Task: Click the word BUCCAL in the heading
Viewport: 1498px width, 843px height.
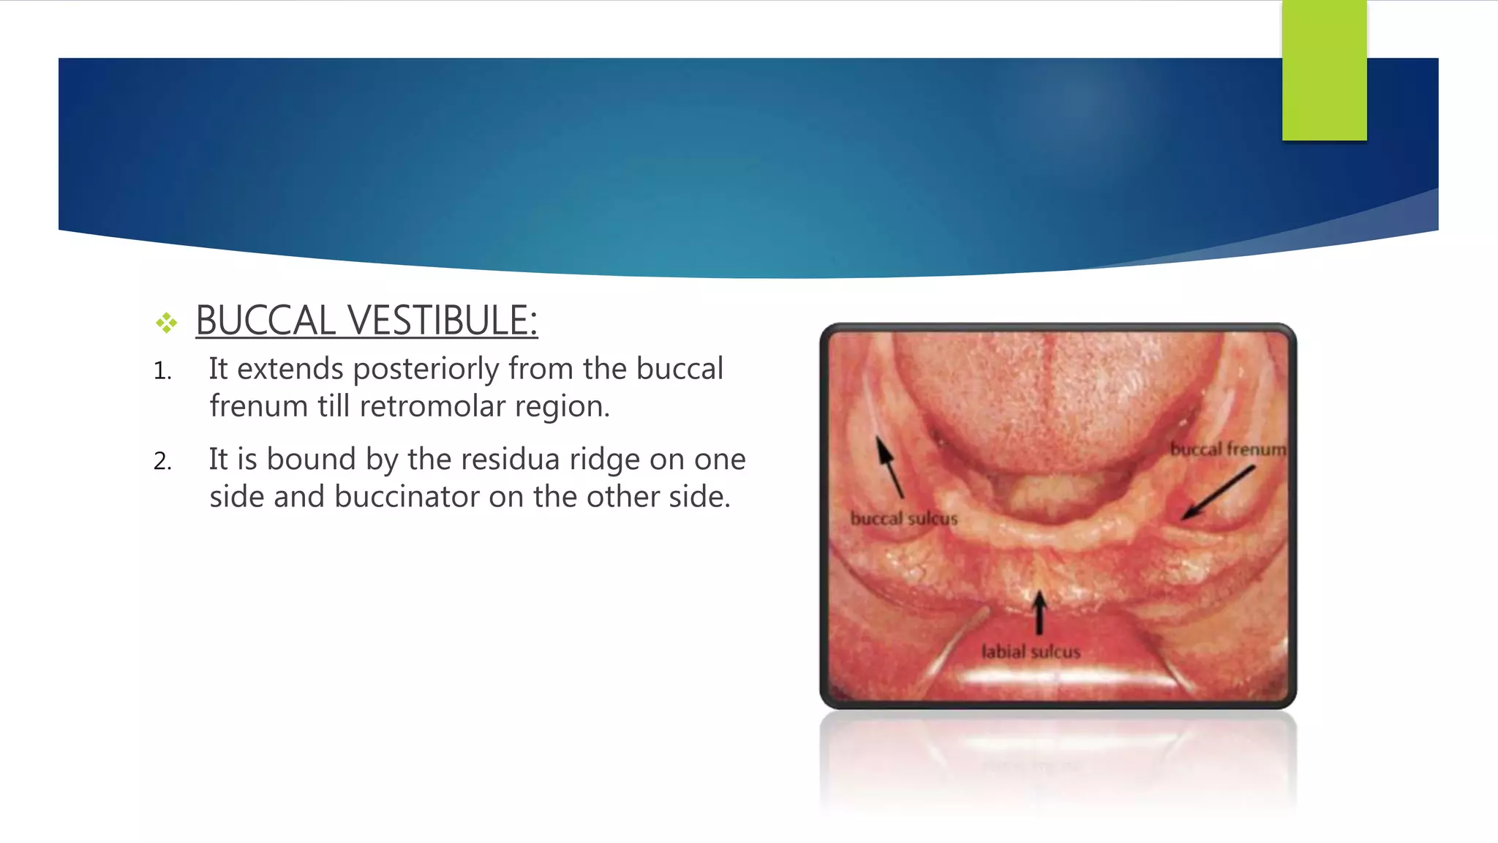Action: pyautogui.click(x=266, y=321)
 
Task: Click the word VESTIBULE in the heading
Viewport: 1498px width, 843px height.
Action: pyautogui.click(x=442, y=321)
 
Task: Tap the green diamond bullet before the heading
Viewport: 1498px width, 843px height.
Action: pyautogui.click(x=166, y=323)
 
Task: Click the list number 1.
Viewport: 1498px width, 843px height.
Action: pyautogui.click(x=162, y=372)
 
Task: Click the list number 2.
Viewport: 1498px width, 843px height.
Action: pyautogui.click(x=162, y=462)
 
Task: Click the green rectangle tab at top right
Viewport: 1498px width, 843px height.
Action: pyautogui.click(x=1324, y=70)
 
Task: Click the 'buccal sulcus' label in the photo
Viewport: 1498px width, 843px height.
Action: pyautogui.click(x=903, y=518)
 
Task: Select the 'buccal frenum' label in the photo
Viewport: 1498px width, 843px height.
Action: pyautogui.click(x=1227, y=449)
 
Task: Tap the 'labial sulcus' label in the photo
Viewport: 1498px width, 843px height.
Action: pyautogui.click(x=1030, y=651)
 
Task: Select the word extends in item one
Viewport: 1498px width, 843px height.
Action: pyautogui.click(x=290, y=369)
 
